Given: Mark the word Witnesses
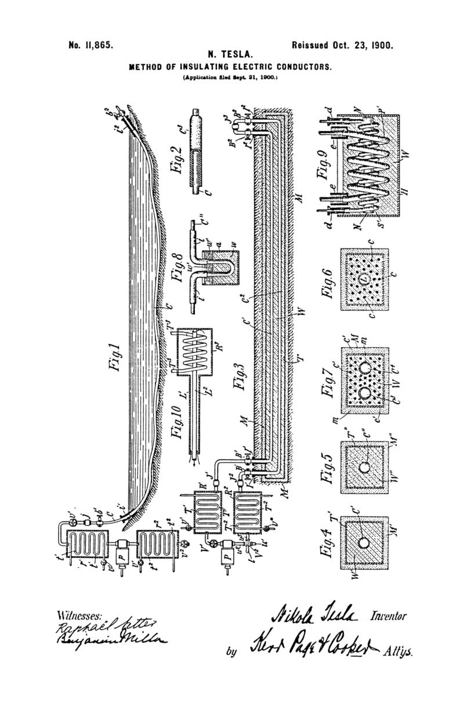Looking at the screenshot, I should click(x=80, y=615).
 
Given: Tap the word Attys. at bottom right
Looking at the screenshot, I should click(x=398, y=651).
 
